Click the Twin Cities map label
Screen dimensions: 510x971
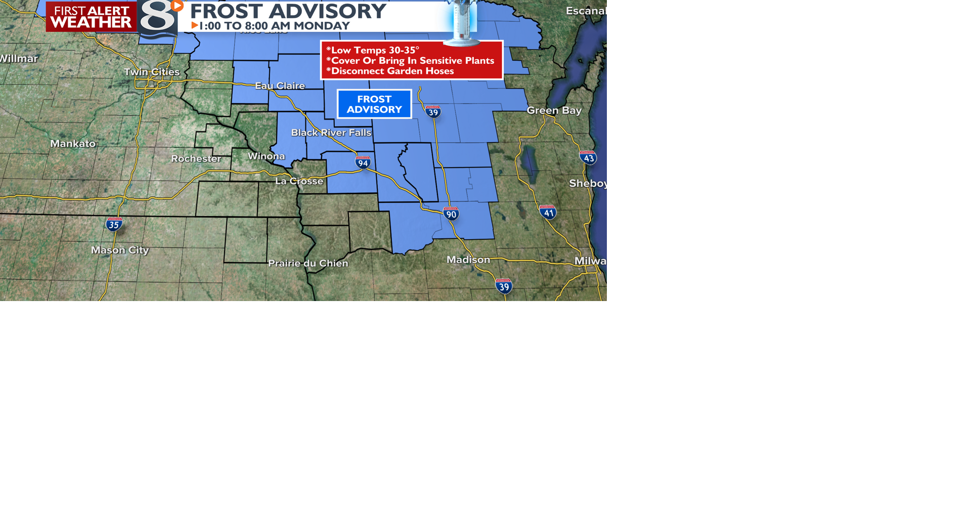point(152,72)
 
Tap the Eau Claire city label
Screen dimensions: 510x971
point(280,86)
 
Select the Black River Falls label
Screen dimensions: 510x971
point(331,133)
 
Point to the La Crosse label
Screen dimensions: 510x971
point(299,181)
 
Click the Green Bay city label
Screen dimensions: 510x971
point(554,110)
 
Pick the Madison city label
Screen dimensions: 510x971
point(468,260)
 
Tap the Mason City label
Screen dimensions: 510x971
point(120,250)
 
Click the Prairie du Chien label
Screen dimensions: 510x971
point(308,263)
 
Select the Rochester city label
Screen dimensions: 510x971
point(196,158)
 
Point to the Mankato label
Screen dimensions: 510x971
point(73,144)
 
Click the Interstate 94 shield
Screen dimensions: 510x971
point(363,162)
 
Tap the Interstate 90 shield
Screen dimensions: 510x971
point(451,214)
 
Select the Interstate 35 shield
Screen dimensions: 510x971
point(114,224)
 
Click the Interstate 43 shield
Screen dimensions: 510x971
point(588,157)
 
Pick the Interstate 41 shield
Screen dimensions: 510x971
point(548,212)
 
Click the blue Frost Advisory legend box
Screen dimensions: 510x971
point(374,104)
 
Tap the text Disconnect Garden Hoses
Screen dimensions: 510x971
point(392,71)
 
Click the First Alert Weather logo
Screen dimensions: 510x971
point(91,17)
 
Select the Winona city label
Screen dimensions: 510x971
point(266,156)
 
